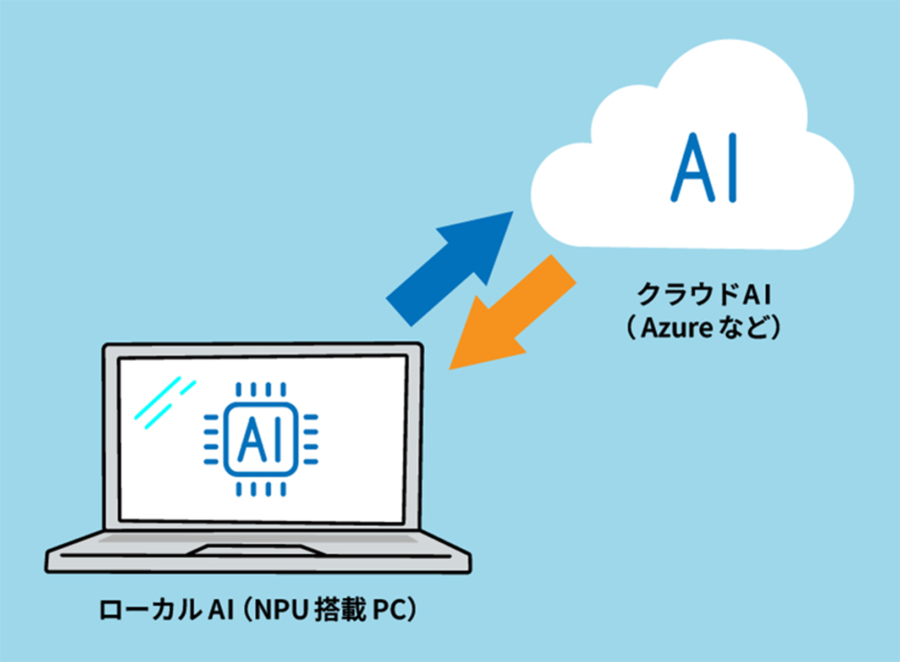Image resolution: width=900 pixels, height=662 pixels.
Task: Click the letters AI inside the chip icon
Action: (x=261, y=440)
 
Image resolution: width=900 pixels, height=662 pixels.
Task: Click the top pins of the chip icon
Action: (x=261, y=389)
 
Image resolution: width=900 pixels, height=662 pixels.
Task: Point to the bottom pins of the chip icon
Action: (x=261, y=489)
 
